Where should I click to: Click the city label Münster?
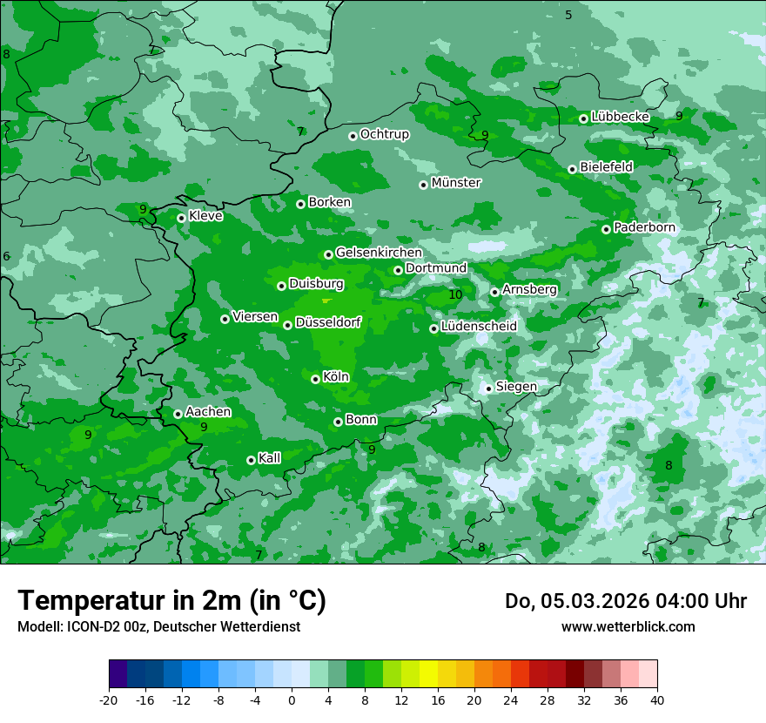click(455, 183)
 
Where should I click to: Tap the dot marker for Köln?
click(315, 379)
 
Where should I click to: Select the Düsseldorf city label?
click(327, 322)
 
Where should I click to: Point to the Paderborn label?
click(644, 227)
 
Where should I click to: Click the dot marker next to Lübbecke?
click(583, 118)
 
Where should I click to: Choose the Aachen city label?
click(208, 411)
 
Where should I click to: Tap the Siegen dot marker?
click(488, 389)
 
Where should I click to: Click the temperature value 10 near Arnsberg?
click(455, 295)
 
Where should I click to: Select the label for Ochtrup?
click(384, 134)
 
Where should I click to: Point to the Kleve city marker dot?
click(181, 218)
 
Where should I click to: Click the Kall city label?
click(269, 457)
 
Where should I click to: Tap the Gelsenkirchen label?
click(379, 253)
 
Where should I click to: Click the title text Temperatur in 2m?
click(171, 601)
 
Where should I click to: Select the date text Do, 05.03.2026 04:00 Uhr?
click(625, 601)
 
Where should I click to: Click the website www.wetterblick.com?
click(628, 627)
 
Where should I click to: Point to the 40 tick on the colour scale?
click(656, 700)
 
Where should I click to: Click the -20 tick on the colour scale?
click(109, 700)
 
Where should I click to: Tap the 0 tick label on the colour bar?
click(292, 700)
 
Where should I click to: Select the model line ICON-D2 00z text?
click(158, 627)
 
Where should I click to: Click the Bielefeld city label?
click(606, 166)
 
